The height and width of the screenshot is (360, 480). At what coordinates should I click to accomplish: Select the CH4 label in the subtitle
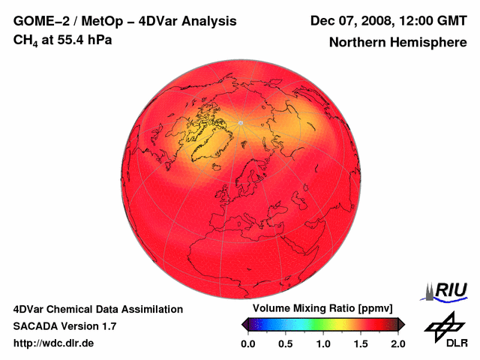(25, 39)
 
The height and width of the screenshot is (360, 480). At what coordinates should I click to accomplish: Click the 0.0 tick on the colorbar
(248, 343)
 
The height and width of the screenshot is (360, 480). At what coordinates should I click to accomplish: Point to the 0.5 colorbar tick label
(286, 343)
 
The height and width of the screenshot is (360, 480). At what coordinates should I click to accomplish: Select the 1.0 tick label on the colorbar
(323, 343)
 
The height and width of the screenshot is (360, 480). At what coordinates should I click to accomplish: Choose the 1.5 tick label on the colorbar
(361, 343)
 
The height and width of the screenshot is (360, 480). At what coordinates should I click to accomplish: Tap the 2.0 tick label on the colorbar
(398, 343)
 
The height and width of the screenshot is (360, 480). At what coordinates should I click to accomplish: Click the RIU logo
(448, 289)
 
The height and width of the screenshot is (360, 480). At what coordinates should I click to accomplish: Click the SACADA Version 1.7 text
(64, 326)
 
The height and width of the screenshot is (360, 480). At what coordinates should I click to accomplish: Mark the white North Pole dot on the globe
(240, 122)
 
